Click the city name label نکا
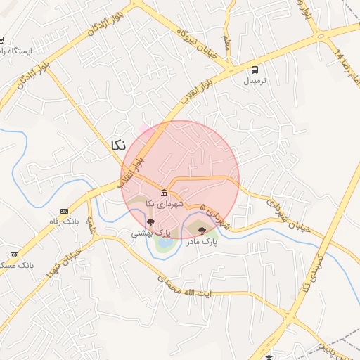point(118,144)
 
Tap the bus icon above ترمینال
point(255,70)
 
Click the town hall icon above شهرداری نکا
point(164,193)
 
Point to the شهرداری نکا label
point(164,203)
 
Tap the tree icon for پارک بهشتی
point(150,222)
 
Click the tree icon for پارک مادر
point(202,230)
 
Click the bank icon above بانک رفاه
point(64,211)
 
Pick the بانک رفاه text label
point(63,222)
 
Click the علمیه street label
point(91,226)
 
